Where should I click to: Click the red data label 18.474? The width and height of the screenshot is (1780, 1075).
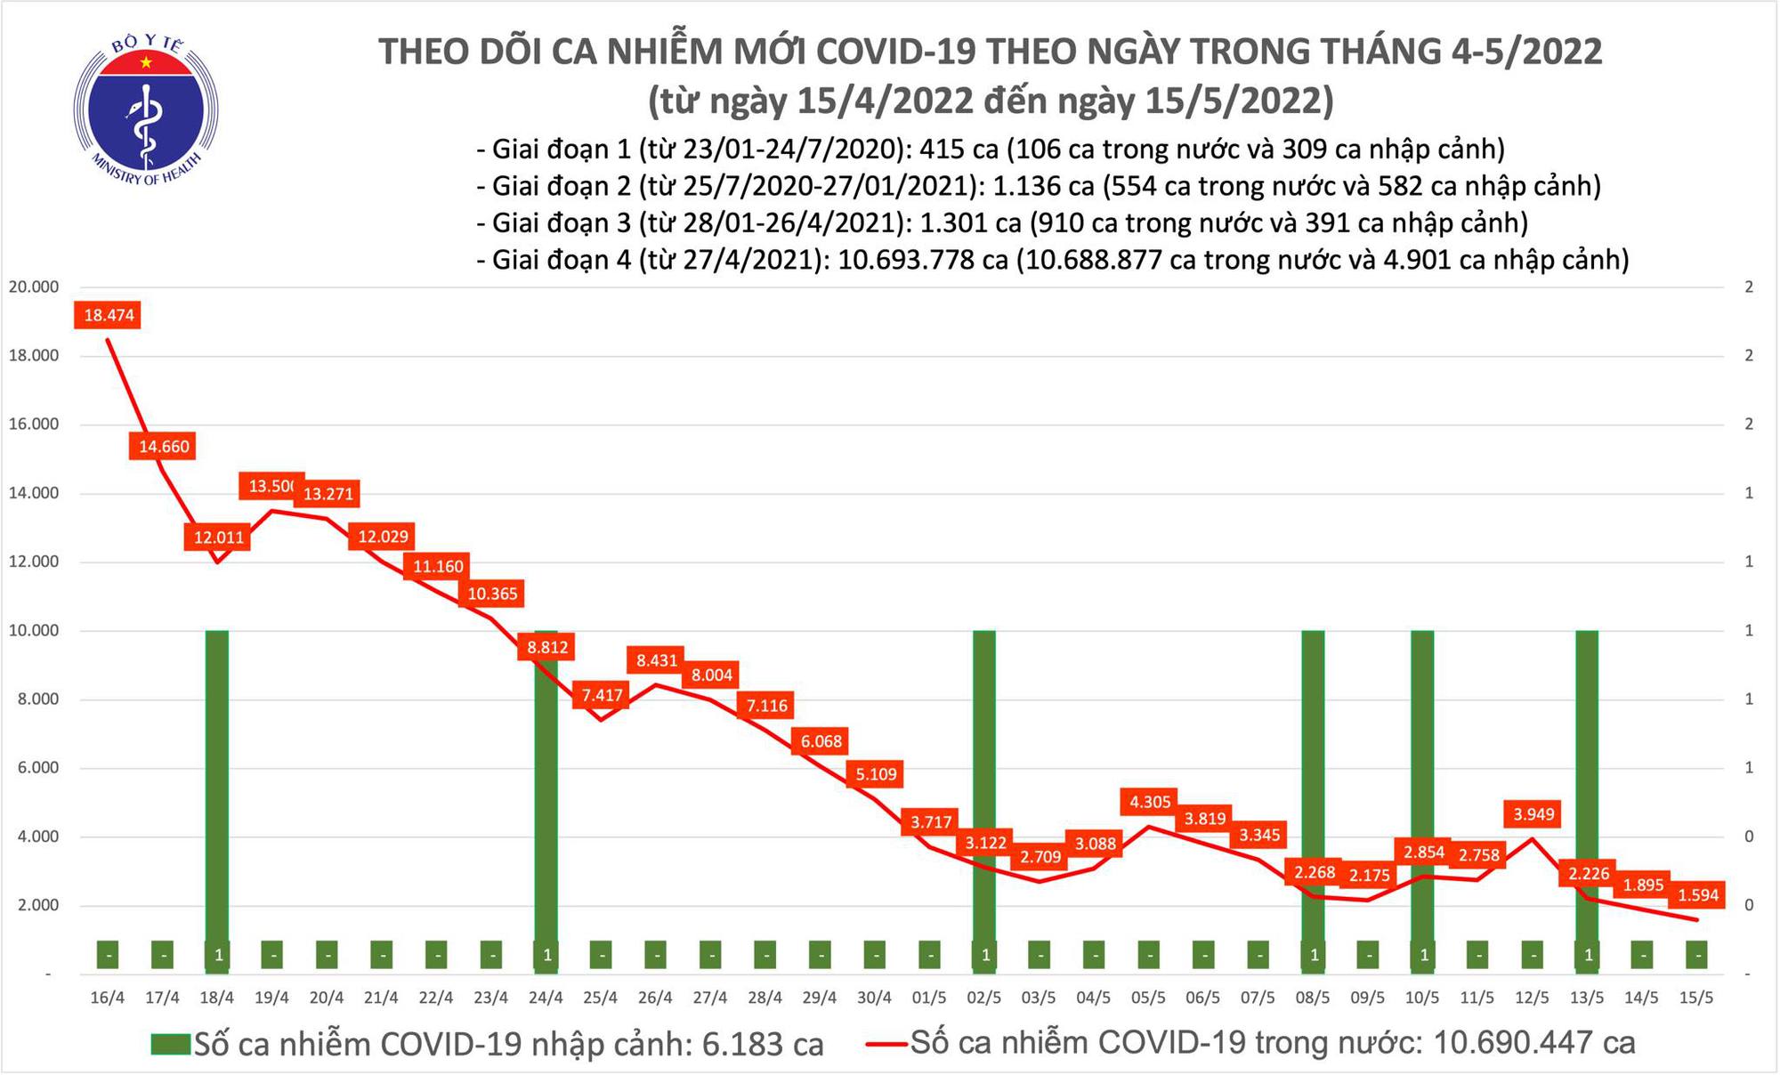click(109, 315)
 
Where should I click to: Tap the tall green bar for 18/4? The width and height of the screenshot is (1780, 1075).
click(217, 783)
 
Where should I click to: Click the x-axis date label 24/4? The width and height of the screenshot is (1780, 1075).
click(546, 998)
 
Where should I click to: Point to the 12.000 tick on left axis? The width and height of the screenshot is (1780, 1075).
click(34, 562)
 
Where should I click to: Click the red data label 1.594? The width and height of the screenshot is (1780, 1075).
click(1698, 893)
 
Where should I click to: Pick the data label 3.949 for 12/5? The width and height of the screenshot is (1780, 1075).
click(1533, 813)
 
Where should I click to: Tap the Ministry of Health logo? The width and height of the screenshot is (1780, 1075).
click(146, 109)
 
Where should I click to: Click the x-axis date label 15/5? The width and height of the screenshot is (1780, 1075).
click(1696, 998)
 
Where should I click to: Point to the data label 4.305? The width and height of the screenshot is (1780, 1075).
click(1150, 802)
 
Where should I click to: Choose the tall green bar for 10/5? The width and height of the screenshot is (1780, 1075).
click(1422, 783)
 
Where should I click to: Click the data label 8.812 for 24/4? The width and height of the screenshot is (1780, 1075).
click(547, 647)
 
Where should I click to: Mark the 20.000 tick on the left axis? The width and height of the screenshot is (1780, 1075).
click(34, 287)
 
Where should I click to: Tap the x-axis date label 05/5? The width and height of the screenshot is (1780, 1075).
click(1148, 998)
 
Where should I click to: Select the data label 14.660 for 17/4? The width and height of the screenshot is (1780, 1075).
click(164, 446)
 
